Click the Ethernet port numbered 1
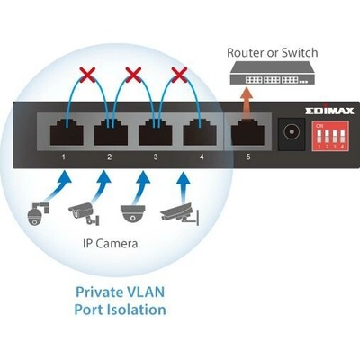67,132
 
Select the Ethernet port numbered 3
156,132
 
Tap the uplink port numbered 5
247,132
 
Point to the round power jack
292,132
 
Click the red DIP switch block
330,136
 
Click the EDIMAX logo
329,111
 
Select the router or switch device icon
273,72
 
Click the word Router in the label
245,53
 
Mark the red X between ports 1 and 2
87,75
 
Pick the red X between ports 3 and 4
179,75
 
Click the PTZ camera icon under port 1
38,213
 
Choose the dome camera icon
132,213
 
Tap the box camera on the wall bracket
180,214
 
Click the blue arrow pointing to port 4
184,186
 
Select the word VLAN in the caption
146,292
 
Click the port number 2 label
110,157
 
